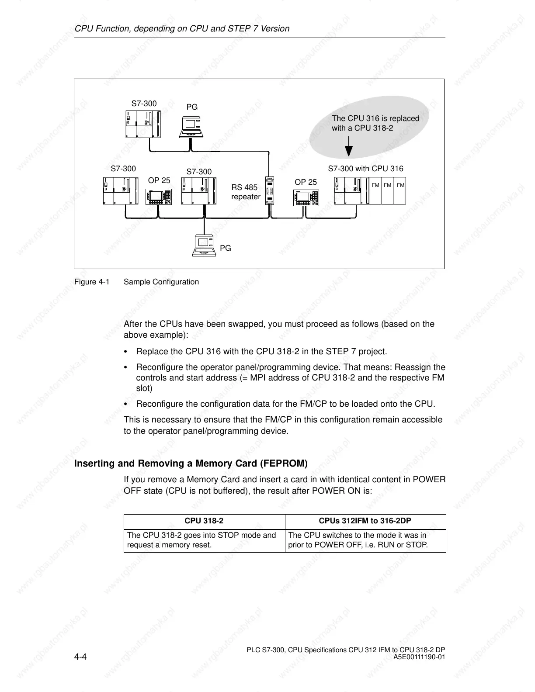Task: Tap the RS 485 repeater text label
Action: pos(245,192)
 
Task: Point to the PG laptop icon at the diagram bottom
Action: pos(204,246)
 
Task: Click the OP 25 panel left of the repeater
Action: pos(158,197)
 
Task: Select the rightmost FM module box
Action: pos(400,190)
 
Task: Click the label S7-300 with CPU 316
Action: pos(365,169)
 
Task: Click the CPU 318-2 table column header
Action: pos(204,521)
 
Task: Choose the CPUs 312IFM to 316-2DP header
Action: pos(365,521)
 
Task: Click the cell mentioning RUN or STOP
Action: pos(365,540)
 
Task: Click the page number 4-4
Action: pos(81,657)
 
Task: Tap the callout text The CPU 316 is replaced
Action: pos(375,118)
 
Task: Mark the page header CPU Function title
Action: pos(182,29)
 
